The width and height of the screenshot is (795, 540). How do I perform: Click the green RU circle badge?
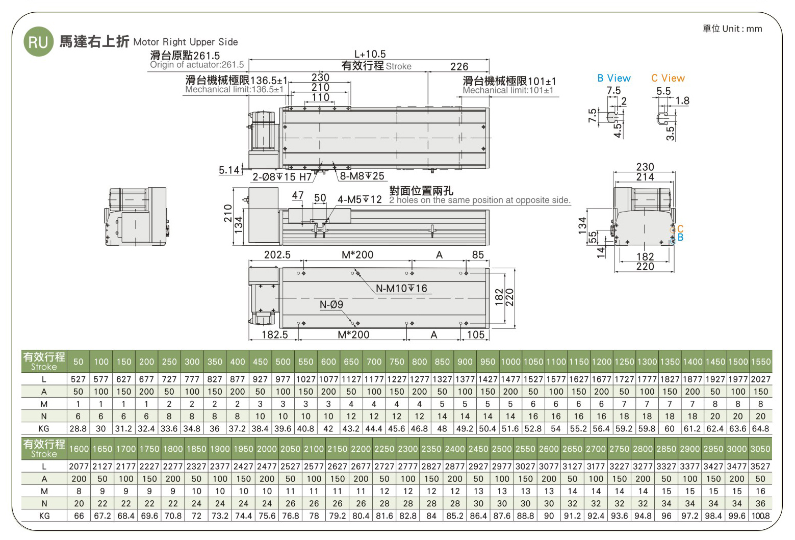[38, 42]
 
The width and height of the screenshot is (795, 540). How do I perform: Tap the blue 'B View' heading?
[614, 78]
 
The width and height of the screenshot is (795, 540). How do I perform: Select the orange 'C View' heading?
[668, 78]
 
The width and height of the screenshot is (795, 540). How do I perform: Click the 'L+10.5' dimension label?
[370, 54]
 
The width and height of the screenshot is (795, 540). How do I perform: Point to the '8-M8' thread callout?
[362, 176]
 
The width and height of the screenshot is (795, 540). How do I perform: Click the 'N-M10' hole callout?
[401, 288]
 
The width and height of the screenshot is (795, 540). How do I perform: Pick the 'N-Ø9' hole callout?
[331, 304]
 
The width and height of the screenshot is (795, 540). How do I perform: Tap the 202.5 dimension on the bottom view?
[277, 255]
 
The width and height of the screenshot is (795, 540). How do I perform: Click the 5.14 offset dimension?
[229, 170]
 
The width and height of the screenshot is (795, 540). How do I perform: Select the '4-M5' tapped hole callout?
[360, 199]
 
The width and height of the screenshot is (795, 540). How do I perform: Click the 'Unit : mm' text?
[742, 29]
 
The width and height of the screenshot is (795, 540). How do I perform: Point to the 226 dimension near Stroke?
[459, 67]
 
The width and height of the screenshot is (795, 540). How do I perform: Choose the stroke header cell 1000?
[510, 362]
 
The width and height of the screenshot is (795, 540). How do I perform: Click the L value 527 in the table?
[78, 379]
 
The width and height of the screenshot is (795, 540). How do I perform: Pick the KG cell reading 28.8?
[78, 429]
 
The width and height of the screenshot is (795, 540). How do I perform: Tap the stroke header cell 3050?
[760, 449]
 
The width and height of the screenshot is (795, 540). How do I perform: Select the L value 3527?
[760, 466]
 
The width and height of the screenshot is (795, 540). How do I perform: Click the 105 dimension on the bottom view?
[476, 335]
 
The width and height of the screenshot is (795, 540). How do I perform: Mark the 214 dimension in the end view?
[645, 177]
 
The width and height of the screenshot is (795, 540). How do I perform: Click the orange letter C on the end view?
[680, 229]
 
